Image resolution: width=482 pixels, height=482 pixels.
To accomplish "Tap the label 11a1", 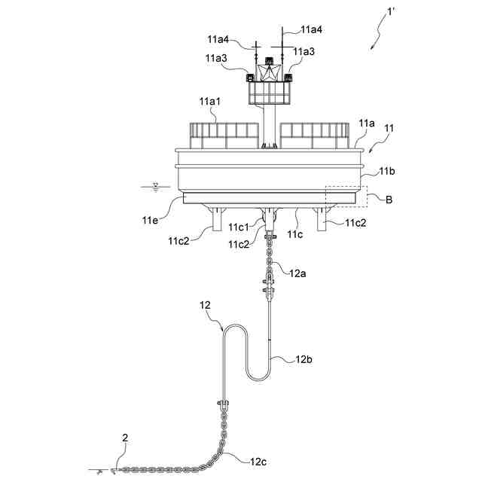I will click(x=209, y=101).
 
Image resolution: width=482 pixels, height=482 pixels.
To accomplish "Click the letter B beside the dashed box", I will click(x=389, y=200).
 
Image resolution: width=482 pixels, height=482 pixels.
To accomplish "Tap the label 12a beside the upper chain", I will click(x=297, y=273).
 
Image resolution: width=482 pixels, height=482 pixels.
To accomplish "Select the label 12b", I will click(x=304, y=360).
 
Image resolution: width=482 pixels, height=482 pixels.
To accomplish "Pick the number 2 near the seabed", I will click(x=126, y=437).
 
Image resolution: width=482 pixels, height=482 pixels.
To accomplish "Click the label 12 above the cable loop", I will click(x=205, y=305).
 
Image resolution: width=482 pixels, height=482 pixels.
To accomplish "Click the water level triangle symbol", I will click(x=155, y=185).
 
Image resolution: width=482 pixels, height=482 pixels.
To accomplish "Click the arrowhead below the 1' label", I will click(x=371, y=47).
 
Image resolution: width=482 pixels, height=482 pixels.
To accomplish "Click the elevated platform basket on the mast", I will click(x=269, y=93).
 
